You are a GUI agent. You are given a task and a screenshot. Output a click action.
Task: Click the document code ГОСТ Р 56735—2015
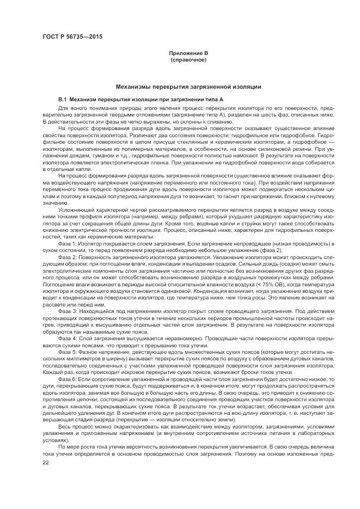72,37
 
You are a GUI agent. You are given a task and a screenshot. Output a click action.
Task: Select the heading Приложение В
188,53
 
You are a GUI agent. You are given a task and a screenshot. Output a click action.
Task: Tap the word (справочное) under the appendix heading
188,59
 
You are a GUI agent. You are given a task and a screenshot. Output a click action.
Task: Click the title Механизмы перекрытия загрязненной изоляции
188,87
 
